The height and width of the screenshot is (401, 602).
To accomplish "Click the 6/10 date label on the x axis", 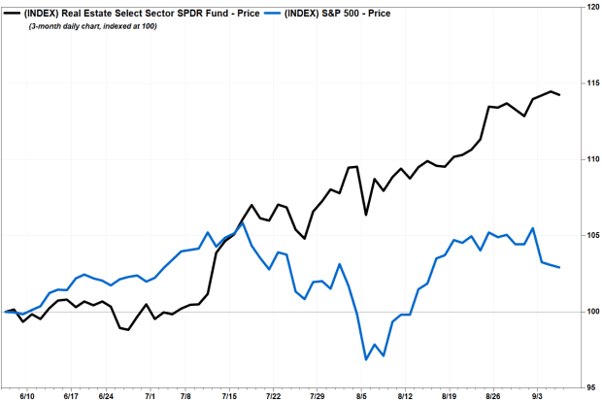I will coord(28,396).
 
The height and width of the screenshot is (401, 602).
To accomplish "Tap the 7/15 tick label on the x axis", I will coord(230,396).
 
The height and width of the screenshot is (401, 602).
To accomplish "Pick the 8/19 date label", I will coord(451,396).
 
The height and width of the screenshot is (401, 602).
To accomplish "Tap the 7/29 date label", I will coord(317,396).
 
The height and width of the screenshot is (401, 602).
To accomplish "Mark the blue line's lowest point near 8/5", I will coord(366,359).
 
